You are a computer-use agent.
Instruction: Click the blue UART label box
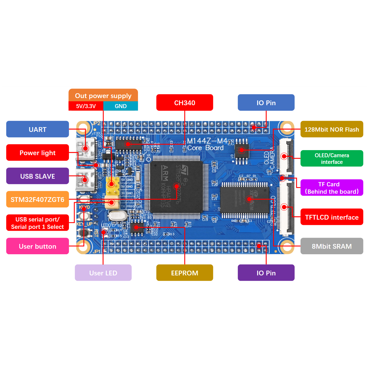click(38, 129)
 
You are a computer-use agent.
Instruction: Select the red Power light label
click(38, 152)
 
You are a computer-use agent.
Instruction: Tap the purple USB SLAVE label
click(38, 176)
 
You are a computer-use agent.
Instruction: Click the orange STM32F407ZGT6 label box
click(38, 199)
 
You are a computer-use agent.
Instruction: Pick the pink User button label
click(38, 246)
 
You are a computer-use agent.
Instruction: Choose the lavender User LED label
click(103, 273)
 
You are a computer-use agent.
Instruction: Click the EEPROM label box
click(184, 273)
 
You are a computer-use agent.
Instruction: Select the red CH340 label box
click(184, 103)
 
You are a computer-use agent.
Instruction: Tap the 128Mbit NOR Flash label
click(332, 129)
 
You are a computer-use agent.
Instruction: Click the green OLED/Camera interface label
click(332, 158)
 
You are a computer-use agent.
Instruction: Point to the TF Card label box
click(332, 188)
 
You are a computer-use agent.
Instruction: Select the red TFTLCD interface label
click(332, 217)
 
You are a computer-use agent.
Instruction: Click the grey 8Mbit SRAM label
click(332, 246)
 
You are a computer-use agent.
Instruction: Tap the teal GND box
click(121, 106)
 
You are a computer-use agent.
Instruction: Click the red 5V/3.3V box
click(86, 106)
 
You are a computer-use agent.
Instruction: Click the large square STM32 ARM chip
click(176, 186)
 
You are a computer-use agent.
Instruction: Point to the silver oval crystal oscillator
click(118, 216)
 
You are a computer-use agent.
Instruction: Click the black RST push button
click(84, 233)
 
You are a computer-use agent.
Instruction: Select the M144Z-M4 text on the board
click(207, 141)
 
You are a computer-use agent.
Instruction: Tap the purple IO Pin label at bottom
click(266, 273)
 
